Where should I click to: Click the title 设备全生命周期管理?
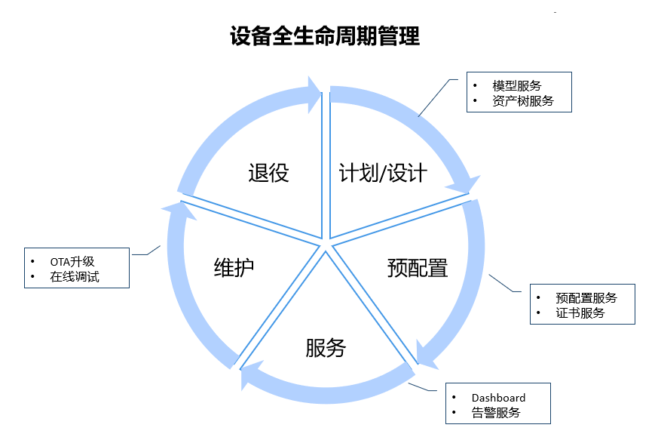pos(325,36)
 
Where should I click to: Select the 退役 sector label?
pos(268,173)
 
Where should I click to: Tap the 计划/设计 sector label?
pos(383,173)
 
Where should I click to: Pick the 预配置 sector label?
pos(418,267)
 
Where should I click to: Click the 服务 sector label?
pos(326,347)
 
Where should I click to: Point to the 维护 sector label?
pos(234,267)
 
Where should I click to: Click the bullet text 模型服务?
pos(517,85)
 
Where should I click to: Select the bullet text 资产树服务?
pos(523,100)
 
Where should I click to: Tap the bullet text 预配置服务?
pos(586,297)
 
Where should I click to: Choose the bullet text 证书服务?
pos(580,312)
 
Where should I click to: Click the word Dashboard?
pos(498,398)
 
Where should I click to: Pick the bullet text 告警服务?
pos(496,412)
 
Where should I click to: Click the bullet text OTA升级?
pos(72,262)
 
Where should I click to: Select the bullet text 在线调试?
pos(75,277)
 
